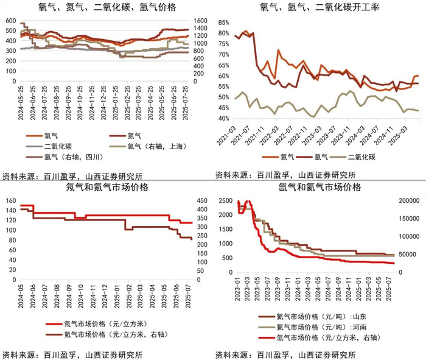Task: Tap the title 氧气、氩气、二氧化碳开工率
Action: pos(320,7)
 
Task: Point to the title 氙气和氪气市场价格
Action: pos(319,187)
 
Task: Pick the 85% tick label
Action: pos(224,22)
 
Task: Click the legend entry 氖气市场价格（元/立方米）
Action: pos(97,323)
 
